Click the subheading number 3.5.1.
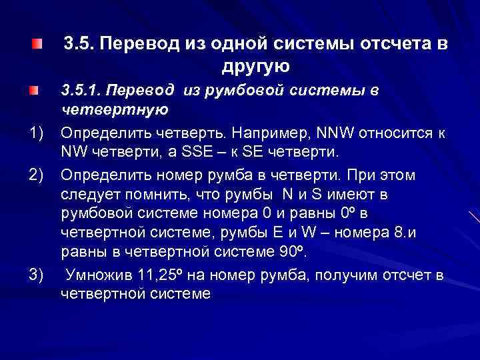83,89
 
